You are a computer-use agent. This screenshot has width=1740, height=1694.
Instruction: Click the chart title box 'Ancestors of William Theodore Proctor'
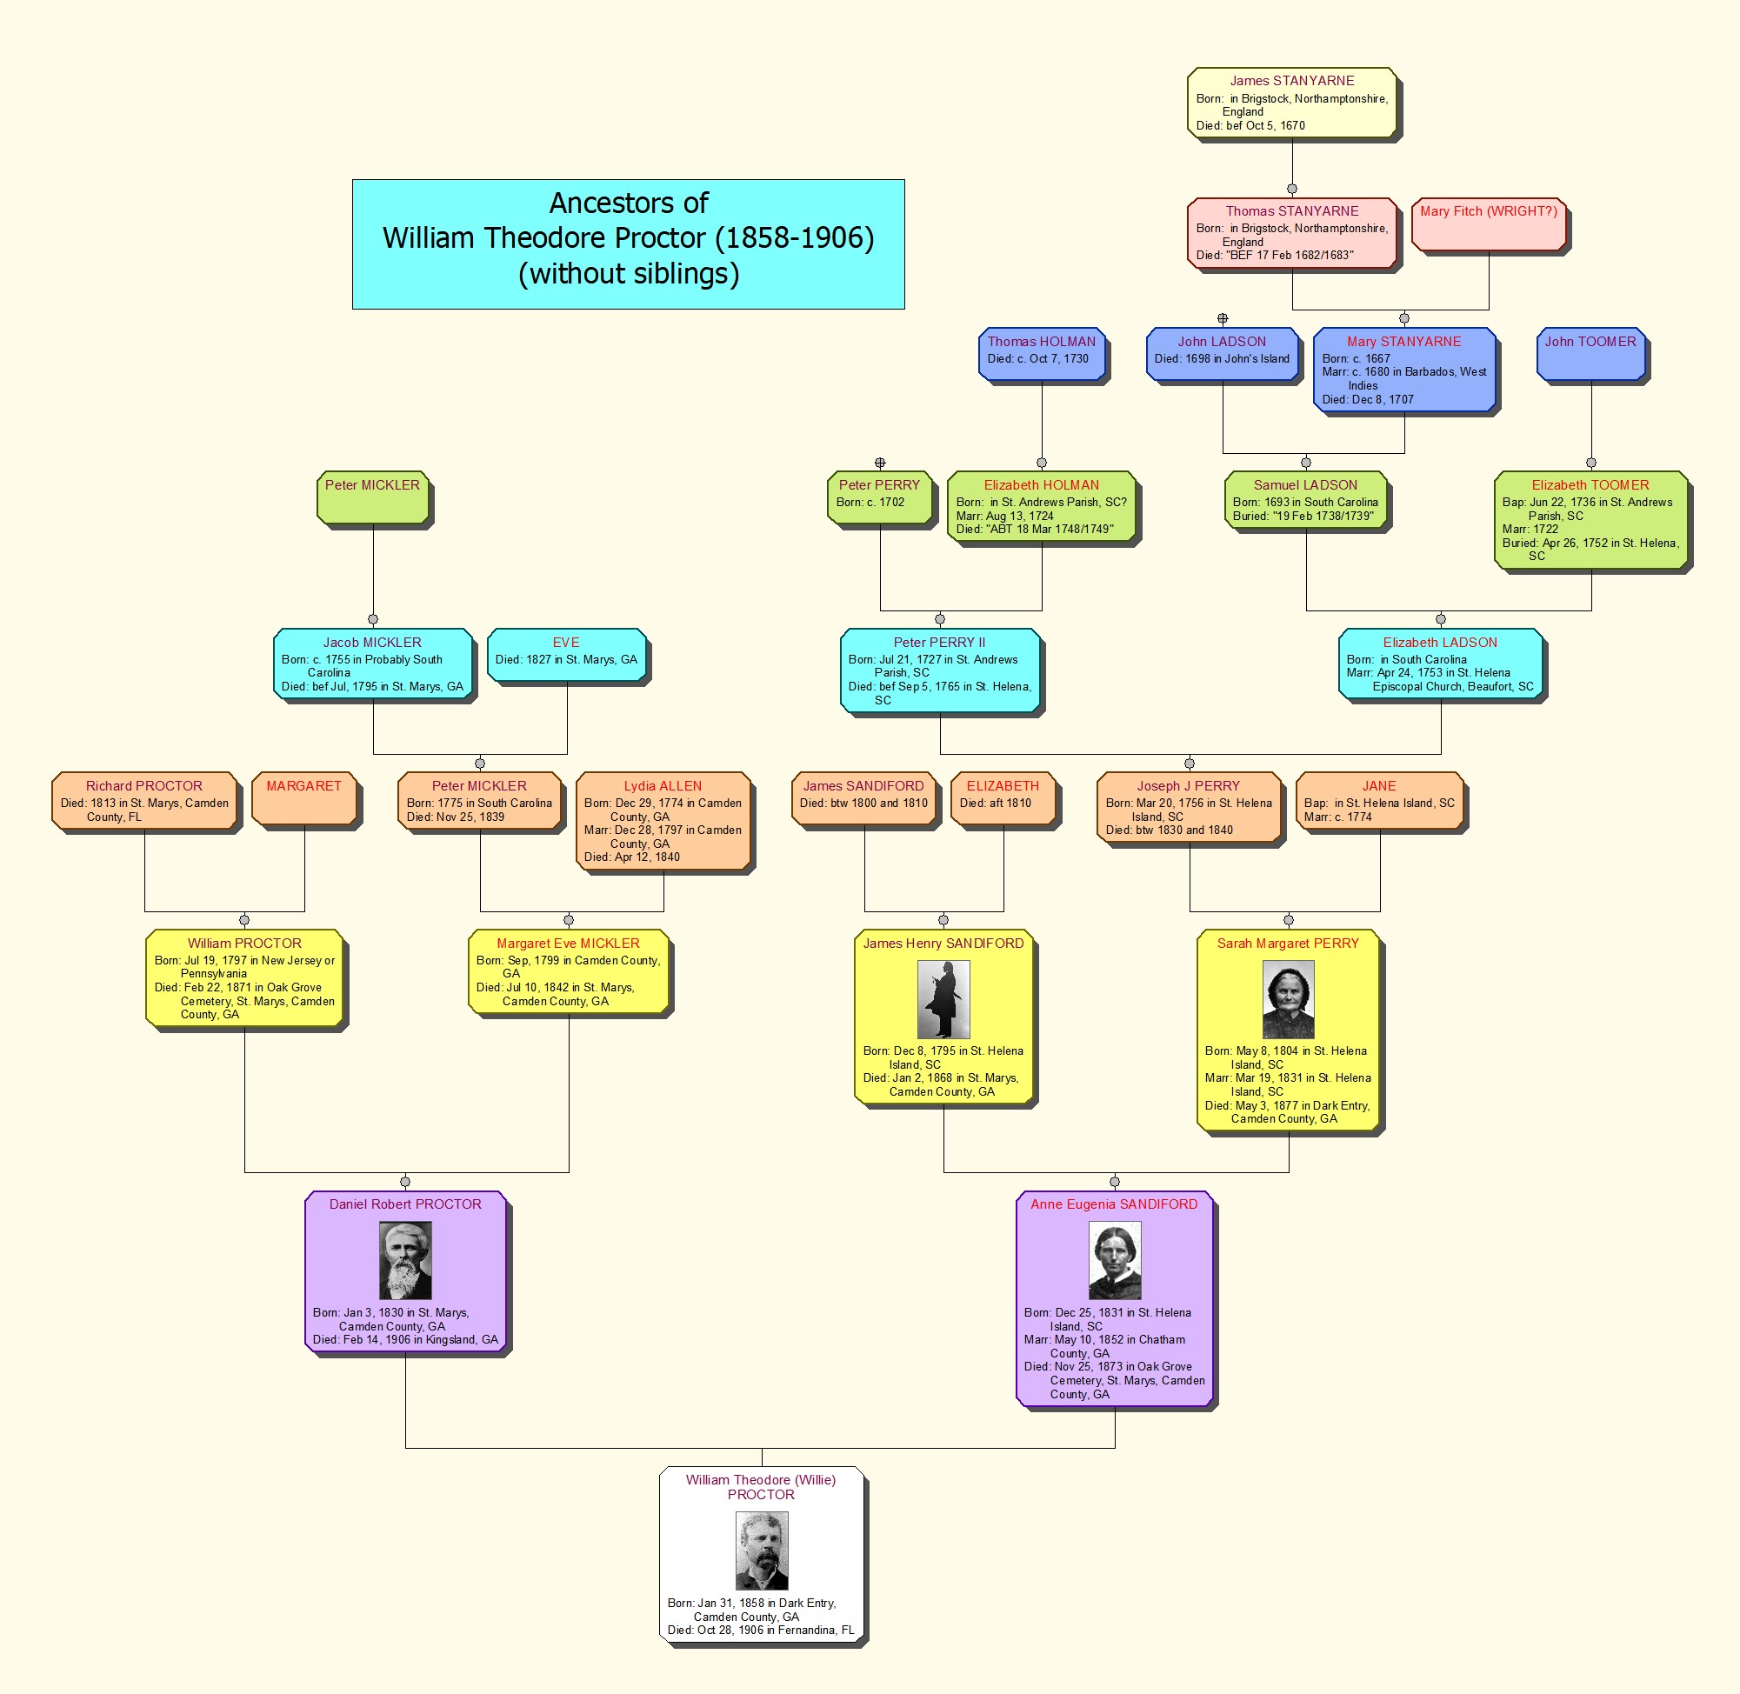click(628, 243)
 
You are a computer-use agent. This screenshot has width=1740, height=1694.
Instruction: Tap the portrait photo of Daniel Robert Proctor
click(404, 1260)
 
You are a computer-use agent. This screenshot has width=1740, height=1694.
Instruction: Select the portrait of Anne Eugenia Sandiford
click(1114, 1260)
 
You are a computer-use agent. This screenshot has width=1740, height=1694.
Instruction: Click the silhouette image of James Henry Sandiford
click(943, 999)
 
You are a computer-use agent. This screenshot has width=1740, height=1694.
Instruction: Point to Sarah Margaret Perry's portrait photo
click(1287, 999)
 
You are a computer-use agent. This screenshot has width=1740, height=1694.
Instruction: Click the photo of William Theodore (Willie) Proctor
click(762, 1551)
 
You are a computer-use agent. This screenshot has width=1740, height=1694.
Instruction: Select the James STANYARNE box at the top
click(1291, 103)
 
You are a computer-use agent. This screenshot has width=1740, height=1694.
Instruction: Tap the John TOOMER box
click(1590, 354)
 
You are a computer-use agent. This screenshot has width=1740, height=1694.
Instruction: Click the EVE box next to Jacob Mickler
click(567, 655)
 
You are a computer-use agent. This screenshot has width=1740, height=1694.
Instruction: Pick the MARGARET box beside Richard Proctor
click(304, 799)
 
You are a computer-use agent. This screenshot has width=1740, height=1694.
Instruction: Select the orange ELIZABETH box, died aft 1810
click(1003, 799)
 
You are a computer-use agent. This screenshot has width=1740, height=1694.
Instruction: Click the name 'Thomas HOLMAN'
click(1041, 342)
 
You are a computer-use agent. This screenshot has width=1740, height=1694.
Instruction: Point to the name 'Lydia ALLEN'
click(663, 785)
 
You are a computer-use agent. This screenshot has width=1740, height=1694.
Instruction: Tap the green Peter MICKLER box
click(373, 497)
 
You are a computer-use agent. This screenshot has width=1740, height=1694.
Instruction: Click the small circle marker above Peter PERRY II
click(939, 619)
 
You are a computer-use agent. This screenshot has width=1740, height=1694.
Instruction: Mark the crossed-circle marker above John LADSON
click(1223, 318)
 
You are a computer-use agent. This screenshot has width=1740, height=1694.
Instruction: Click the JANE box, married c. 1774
click(1379, 801)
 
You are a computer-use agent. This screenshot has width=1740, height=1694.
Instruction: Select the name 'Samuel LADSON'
click(1305, 485)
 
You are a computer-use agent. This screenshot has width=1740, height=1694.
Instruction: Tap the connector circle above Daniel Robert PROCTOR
click(404, 1183)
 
